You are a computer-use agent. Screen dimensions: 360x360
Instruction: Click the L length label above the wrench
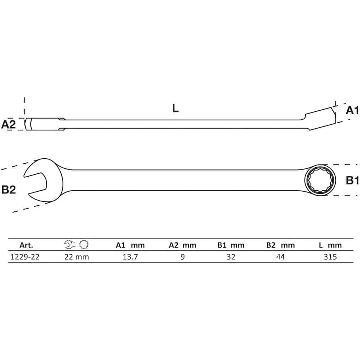pyautogui.click(x=176, y=108)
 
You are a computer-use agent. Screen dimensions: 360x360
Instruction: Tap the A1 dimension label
pyautogui.click(x=352, y=110)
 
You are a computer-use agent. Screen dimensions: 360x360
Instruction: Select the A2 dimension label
pyautogui.click(x=9, y=124)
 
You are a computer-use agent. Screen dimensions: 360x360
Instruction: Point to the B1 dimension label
pyautogui.click(x=352, y=180)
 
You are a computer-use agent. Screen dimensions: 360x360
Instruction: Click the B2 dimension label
pyautogui.click(x=9, y=189)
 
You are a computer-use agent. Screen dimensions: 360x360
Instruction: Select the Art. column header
pyautogui.click(x=26, y=245)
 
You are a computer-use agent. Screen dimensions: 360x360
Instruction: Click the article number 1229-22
pyautogui.click(x=25, y=257)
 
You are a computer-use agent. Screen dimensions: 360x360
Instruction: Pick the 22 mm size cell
pyautogui.click(x=76, y=257)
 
